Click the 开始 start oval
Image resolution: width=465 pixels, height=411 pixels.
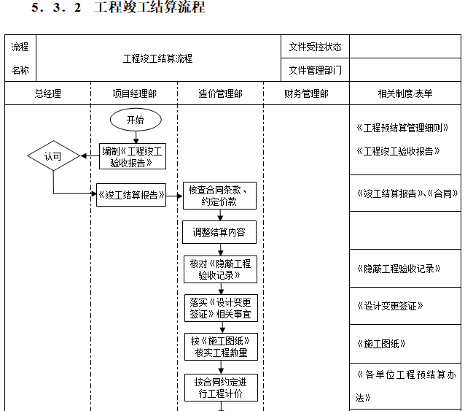(135, 120)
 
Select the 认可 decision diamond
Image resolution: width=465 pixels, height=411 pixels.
(52, 156)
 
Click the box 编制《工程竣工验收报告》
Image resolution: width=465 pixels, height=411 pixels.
(133, 156)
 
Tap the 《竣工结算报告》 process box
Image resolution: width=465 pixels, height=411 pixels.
(131, 195)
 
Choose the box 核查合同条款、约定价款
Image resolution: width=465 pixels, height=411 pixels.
(219, 195)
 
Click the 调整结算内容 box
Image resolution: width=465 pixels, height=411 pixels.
(219, 233)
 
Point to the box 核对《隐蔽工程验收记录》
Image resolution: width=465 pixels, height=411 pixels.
(219, 269)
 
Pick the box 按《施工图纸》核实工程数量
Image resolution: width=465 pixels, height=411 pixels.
(219, 347)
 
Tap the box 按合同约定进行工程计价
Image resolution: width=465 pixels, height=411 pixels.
(219, 387)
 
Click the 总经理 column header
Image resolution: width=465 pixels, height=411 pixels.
(47, 93)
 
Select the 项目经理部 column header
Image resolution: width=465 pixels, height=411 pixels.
(133, 93)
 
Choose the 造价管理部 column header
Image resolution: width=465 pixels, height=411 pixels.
(220, 93)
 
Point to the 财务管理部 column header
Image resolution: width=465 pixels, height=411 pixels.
(306, 93)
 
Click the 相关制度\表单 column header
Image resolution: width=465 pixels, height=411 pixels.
(405, 93)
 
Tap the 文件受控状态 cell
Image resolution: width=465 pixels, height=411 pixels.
(315, 47)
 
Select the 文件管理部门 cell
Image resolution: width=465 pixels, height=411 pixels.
(315, 71)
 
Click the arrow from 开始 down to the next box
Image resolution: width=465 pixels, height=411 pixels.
(135, 137)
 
